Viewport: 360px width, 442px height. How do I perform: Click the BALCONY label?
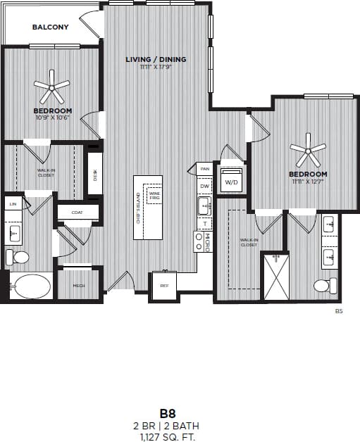point(51,27)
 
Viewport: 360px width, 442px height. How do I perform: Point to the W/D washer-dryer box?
point(231,180)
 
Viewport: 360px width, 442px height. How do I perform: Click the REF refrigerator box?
point(164,286)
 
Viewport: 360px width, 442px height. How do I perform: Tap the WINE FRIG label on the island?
point(153,195)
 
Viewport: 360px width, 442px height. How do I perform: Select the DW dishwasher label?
point(205,186)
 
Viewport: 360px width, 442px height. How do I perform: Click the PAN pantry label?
point(205,169)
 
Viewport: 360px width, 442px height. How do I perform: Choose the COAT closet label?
point(77,211)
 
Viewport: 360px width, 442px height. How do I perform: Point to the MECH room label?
point(79,286)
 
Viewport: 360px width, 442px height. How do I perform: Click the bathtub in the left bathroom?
point(30,286)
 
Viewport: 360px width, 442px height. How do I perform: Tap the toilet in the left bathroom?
point(19,257)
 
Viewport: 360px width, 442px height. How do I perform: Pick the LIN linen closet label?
point(13,203)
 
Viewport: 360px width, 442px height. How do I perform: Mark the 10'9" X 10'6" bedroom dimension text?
point(52,118)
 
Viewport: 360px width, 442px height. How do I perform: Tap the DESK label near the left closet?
point(94,175)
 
